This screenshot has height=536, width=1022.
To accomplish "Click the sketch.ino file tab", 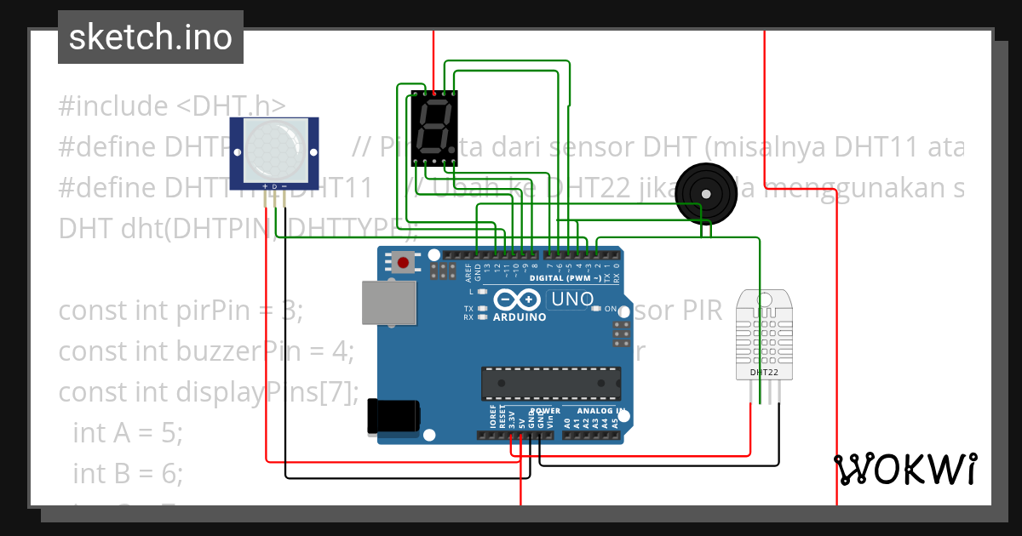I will tap(151, 37).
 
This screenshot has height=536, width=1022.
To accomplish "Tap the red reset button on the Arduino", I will tap(403, 261).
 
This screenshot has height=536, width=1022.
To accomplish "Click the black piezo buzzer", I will tap(704, 193).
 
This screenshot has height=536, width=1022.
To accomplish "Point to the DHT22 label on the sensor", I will tap(762, 372).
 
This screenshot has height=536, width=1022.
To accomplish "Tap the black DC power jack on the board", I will tap(393, 416).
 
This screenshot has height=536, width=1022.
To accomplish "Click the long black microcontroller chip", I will tap(550, 383).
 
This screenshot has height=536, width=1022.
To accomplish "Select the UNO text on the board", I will tap(572, 299).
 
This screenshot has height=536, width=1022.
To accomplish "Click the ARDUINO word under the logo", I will tap(519, 316).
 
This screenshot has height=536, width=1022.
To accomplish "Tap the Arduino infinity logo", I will tap(517, 300).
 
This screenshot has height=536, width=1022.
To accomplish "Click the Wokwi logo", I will tap(904, 469).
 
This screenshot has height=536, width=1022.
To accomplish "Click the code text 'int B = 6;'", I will tap(128, 472).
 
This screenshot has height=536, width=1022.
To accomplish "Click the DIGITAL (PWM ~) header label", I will tap(564, 278).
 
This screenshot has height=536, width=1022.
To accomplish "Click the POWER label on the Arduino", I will tap(545, 411).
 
